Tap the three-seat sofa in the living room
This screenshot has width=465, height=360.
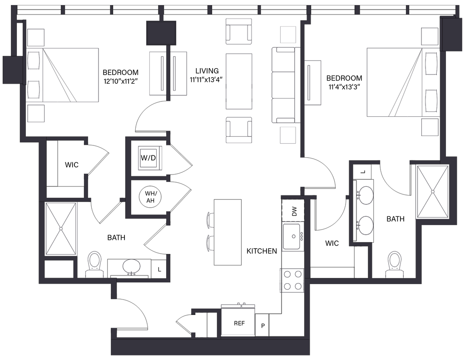click(283, 85)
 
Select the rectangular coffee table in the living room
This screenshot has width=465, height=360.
click(239, 81)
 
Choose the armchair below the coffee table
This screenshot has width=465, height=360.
click(239, 130)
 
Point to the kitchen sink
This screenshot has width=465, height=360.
click(293, 235)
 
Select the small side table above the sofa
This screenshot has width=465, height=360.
click(288, 34)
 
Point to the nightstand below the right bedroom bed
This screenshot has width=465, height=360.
click(429, 127)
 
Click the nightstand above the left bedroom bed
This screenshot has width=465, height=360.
click(36, 36)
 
